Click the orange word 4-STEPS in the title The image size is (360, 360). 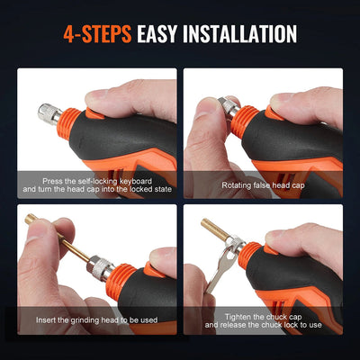tap(98, 35)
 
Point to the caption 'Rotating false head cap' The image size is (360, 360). tap(262, 184)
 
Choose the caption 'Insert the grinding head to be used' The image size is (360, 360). tap(98, 319)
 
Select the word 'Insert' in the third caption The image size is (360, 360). tap(49, 319)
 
